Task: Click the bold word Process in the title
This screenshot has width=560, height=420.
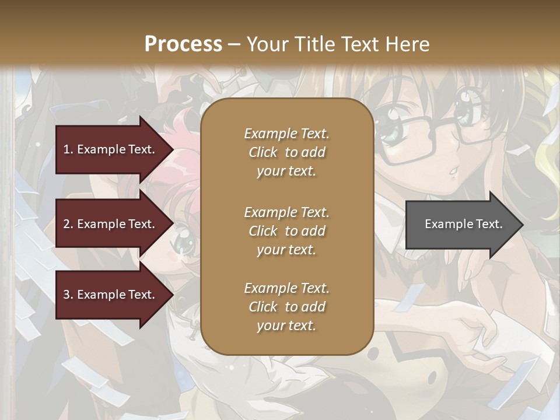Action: coord(183,44)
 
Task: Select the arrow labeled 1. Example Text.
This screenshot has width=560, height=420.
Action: coord(111,149)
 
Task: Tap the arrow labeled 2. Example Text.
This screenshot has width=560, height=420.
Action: coord(111,224)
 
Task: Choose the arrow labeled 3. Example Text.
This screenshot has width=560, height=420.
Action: coord(111,295)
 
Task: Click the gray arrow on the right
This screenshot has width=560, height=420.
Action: coord(461,224)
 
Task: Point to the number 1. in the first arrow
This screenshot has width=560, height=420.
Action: coord(68,149)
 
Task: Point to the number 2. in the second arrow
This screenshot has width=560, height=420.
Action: coord(68,224)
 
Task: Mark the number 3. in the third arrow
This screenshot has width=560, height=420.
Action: coord(68,295)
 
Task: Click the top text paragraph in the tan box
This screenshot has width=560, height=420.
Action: coord(286,152)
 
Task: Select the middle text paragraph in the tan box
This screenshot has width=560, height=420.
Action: coord(286,230)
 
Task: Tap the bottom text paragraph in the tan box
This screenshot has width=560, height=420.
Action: coord(286,307)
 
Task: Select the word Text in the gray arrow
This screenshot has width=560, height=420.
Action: coord(489,224)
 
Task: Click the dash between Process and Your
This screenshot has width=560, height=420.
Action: coord(234,44)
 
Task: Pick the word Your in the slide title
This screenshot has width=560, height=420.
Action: coord(265,44)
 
